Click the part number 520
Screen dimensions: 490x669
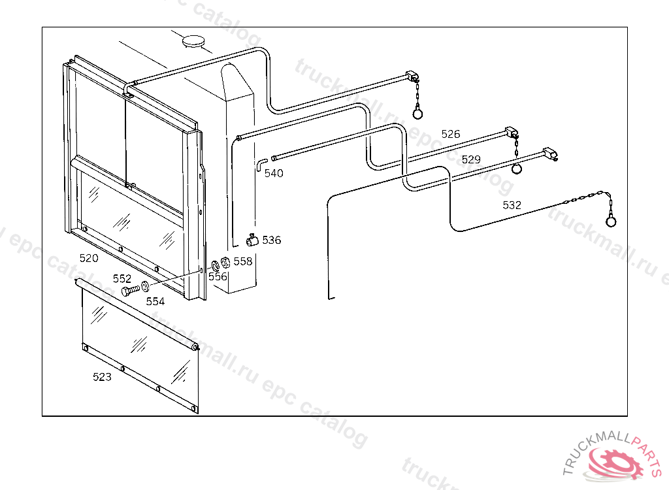(x=89, y=258)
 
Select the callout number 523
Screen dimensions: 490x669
(x=102, y=377)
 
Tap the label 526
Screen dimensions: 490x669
(x=451, y=134)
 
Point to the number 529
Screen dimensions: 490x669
(x=471, y=159)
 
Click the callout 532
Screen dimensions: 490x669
(x=512, y=204)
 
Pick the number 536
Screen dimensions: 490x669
(x=272, y=240)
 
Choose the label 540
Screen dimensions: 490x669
(x=274, y=173)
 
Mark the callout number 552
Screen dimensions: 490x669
(x=122, y=278)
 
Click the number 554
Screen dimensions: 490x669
(x=155, y=301)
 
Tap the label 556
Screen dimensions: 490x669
(x=218, y=276)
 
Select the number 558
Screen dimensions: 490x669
(x=242, y=261)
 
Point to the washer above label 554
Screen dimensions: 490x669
(x=145, y=286)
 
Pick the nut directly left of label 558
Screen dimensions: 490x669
(x=225, y=263)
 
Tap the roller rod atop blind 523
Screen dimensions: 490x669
(x=137, y=314)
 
